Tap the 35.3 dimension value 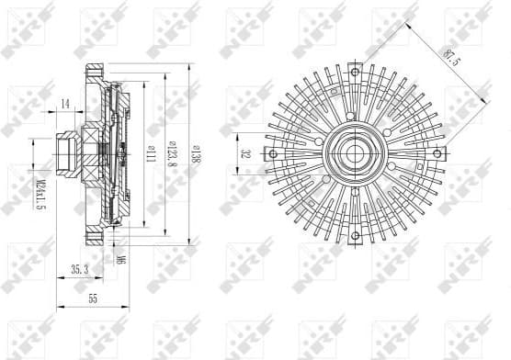click(x=79, y=270)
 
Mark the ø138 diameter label click(x=196, y=157)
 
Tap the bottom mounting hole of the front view click(x=354, y=236)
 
